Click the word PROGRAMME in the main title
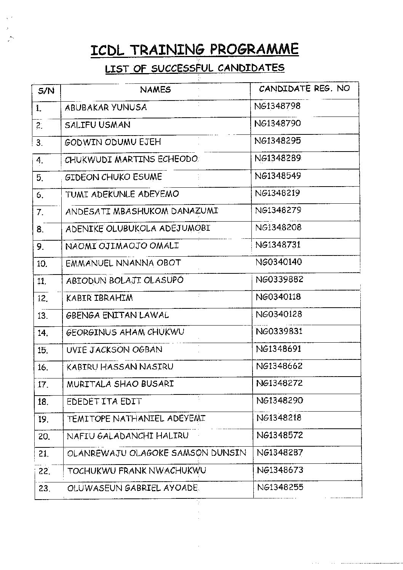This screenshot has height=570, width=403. point(254,49)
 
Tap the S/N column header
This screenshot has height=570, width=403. point(46,91)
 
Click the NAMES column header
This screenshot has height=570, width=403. point(155,90)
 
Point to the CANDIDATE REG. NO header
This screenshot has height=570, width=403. point(304,89)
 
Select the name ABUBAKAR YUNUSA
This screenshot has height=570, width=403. point(106,107)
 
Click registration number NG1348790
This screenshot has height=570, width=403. point(278,123)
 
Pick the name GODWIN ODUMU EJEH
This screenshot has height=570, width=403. point(113,142)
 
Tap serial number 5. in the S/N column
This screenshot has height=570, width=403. point(40,178)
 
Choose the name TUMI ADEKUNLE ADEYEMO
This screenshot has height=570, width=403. point(122,194)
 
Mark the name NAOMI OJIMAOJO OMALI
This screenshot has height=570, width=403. point(122,246)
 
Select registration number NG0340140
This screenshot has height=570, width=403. point(279,262)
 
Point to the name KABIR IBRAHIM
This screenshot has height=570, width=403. point(100,298)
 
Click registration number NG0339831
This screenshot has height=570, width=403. point(279,331)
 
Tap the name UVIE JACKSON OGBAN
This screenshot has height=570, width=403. point(114,350)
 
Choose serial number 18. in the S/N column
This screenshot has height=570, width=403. point(43,402)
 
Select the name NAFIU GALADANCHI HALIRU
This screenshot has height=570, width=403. point(128,436)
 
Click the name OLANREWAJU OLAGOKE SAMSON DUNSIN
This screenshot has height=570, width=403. point(157,453)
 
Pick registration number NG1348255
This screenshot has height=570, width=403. point(280,487)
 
